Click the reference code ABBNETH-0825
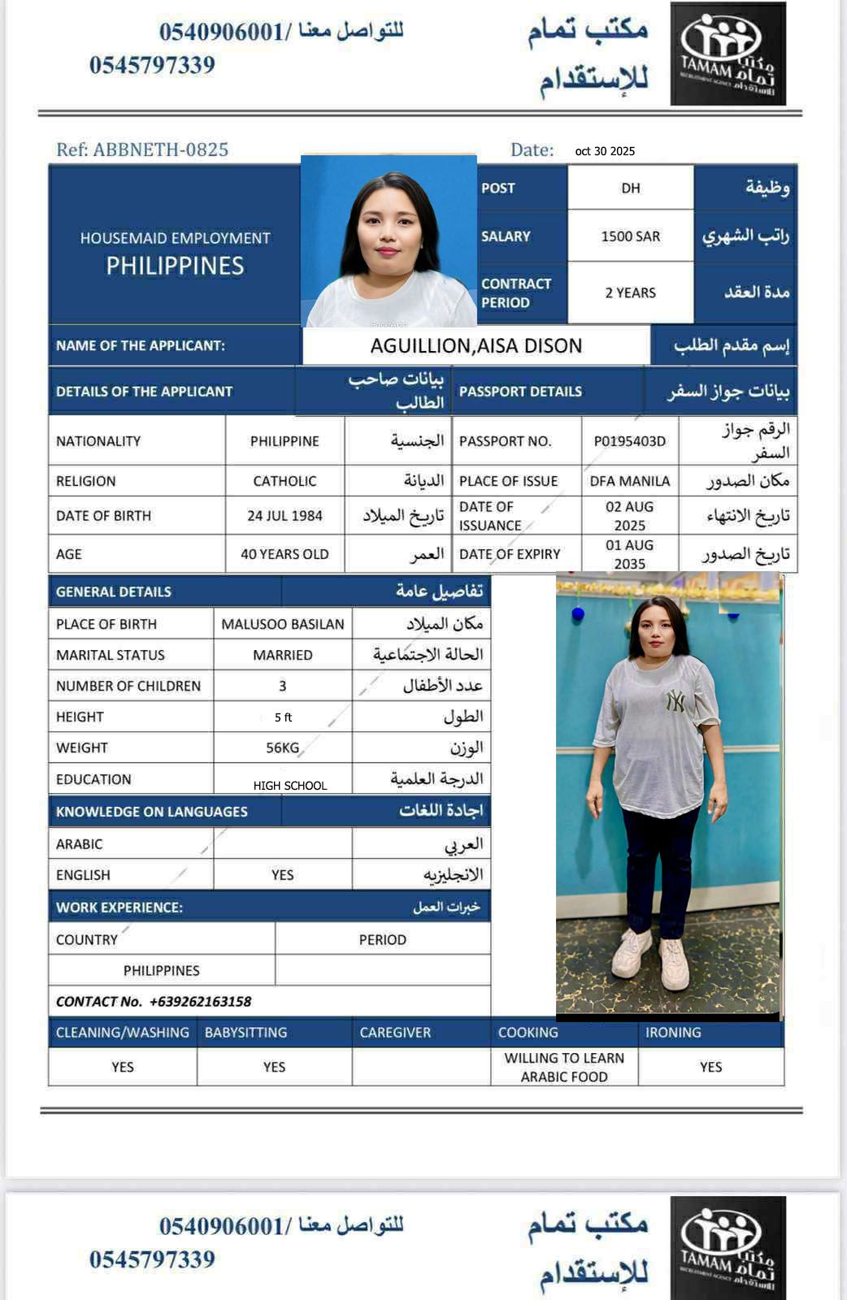pos(160,149)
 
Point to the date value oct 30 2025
pos(605,151)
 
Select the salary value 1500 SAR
pos(630,236)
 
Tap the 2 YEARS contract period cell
pos(630,292)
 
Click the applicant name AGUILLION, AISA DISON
pos(476,346)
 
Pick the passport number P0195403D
pos(629,441)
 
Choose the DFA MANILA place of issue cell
pos(629,481)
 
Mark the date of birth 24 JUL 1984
pos(285,516)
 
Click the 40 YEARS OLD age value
pos(285,554)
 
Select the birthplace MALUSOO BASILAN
pos(283,624)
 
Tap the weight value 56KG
pos(282,747)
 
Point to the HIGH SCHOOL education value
pos(289,786)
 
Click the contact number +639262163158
pos(200,1002)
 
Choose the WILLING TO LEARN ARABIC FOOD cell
pos(564,1067)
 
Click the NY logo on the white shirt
pos(675,700)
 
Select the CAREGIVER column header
pos(395,1033)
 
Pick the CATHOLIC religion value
pos(285,481)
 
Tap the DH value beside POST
pos(630,188)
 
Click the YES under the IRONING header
pos(710,1067)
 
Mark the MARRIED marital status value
pos(282,655)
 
